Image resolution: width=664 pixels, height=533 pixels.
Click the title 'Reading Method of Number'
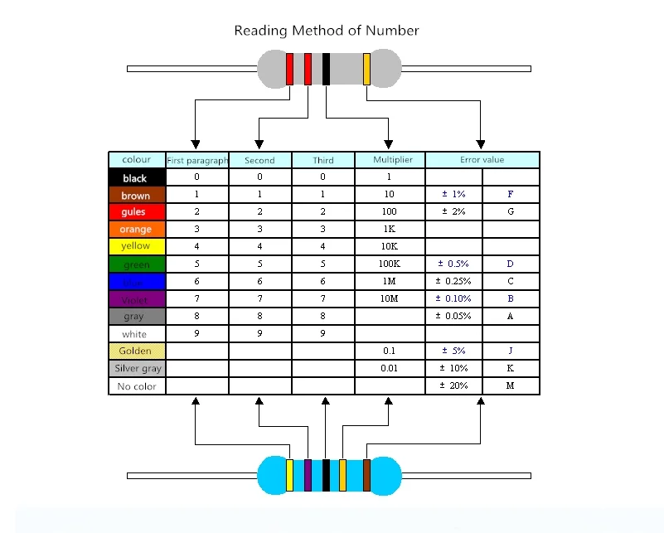coord(327,31)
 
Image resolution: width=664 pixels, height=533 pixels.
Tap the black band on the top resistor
coord(327,69)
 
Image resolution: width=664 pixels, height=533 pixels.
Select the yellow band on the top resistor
coord(366,69)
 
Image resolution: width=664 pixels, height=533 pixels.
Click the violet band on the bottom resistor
coord(308,475)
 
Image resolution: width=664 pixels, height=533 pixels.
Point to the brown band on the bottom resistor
coord(366,475)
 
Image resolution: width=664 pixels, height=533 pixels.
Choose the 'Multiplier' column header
coord(390,160)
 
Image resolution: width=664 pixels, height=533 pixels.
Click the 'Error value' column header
coord(482,160)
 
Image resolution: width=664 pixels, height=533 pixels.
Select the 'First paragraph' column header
coord(197,160)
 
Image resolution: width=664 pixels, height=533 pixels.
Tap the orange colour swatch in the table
coord(137,229)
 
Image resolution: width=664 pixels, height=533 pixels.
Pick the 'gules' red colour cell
coord(137,212)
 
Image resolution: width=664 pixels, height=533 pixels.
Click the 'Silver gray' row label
coord(137,369)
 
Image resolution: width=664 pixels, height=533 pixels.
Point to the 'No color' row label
coord(137,386)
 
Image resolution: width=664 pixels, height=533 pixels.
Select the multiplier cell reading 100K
coord(390,264)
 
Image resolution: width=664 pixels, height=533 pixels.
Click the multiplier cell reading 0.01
coord(390,369)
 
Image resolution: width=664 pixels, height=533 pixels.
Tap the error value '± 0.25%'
coord(454,282)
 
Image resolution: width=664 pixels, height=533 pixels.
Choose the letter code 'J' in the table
coord(511,351)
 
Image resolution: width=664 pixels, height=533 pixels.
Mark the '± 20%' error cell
coord(454,386)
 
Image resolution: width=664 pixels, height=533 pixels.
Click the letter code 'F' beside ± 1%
coord(511,195)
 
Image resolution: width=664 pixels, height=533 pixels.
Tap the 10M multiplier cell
coord(390,299)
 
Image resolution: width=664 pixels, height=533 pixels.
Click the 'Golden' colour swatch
coord(137,351)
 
